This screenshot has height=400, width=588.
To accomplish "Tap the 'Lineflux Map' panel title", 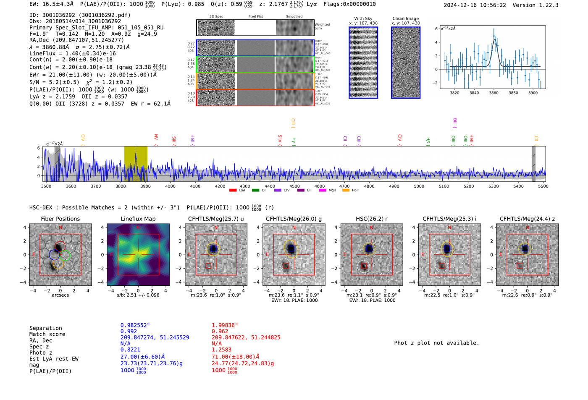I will coord(138,219).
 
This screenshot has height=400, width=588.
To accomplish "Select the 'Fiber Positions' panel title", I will coord(60,219).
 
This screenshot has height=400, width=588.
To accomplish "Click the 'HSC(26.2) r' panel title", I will coord(371,219).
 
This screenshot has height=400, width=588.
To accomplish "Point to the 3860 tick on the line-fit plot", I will coord(493,93).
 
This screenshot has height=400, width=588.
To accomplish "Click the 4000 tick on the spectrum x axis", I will coord(170,186).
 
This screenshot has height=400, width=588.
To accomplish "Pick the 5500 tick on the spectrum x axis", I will coord(543,186).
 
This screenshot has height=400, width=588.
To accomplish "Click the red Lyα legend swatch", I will coord(233,191).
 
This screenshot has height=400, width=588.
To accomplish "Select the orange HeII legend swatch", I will coord(346,191).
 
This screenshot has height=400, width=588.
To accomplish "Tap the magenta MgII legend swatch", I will coord(323,191).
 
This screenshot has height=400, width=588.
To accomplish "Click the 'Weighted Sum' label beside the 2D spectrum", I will coord(322,26).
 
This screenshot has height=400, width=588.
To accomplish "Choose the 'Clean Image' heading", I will coord(405,18).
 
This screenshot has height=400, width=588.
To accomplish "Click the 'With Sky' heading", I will coord(363,18).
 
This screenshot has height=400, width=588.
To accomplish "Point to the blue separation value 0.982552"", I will coord(135,325).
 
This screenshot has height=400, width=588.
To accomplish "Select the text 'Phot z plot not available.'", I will coord(436,343).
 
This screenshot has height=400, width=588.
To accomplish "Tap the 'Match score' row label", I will coord(47,334).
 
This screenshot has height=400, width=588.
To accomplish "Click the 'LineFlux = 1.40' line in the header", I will coord(72,53).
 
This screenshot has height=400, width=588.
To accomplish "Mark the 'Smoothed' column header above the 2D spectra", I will coord(294,17).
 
